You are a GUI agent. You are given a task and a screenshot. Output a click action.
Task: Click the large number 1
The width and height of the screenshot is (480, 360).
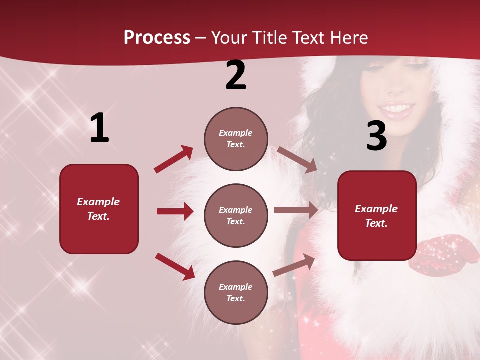99,128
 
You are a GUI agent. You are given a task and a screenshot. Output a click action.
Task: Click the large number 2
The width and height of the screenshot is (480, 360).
236,75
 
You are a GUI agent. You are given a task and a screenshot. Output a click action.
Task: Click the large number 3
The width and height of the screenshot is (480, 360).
376,136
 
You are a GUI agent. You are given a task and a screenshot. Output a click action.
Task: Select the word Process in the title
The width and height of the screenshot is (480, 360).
157,38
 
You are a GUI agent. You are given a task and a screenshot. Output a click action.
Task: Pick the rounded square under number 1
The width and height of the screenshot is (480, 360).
99,209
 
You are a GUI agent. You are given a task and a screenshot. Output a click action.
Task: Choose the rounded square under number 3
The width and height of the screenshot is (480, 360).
377,215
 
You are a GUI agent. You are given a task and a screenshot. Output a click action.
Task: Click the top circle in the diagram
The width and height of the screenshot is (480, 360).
236,139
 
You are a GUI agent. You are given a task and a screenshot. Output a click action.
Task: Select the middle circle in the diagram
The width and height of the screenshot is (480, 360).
236,215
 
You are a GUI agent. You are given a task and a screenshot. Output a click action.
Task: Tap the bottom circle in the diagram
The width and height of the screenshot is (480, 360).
236,292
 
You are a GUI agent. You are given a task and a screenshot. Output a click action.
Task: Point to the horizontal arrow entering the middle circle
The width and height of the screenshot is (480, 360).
175,211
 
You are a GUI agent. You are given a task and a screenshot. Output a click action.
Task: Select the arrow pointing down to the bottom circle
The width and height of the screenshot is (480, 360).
175,266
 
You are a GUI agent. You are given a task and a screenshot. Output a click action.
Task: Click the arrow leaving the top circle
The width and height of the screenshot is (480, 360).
297,159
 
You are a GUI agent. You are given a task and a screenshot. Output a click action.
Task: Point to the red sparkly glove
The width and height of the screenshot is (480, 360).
443,255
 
